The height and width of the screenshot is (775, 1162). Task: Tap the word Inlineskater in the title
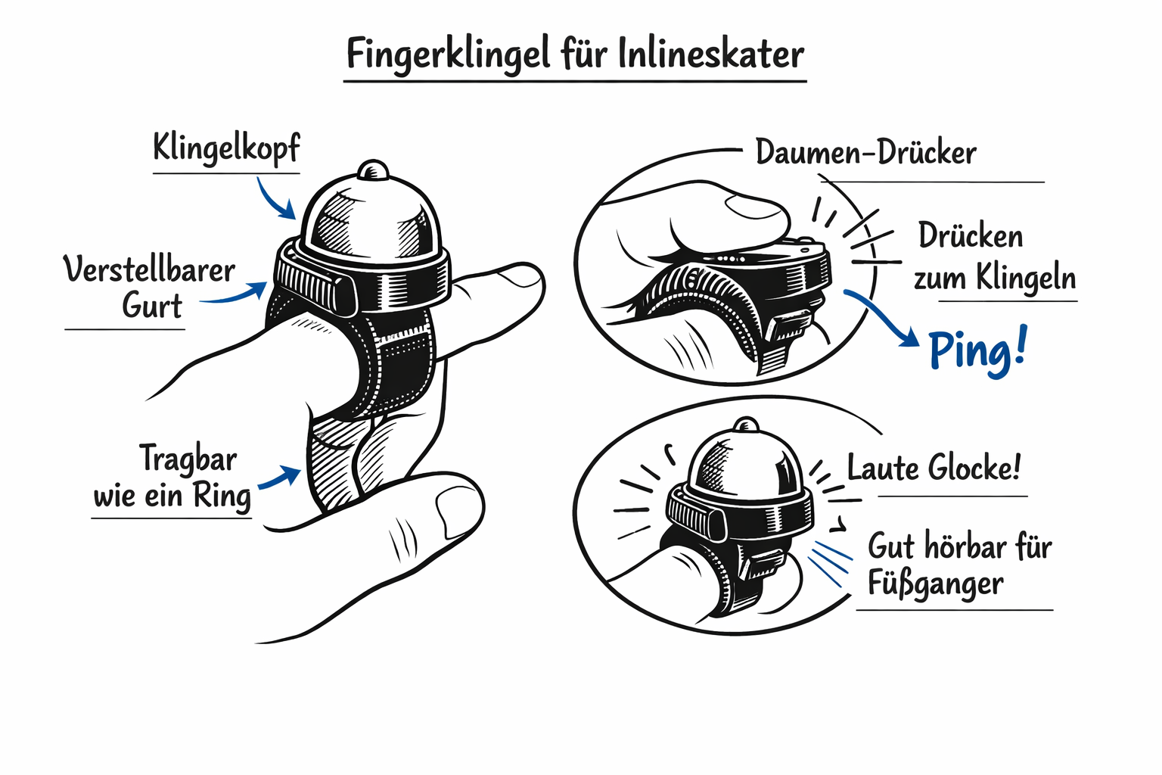click(x=711, y=53)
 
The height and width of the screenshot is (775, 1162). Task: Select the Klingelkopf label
click(x=226, y=148)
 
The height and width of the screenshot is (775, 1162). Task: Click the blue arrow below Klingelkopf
click(x=275, y=199)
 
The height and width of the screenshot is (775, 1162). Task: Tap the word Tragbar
click(x=188, y=459)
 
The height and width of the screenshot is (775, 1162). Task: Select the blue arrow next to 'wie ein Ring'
click(x=279, y=477)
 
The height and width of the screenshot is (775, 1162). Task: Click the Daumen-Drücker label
click(x=865, y=153)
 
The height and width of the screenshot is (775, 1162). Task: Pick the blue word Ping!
click(x=977, y=350)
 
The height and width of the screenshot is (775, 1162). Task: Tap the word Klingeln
click(x=1026, y=278)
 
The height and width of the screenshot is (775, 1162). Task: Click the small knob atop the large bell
click(x=373, y=170)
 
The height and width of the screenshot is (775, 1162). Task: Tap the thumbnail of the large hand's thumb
click(x=457, y=510)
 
